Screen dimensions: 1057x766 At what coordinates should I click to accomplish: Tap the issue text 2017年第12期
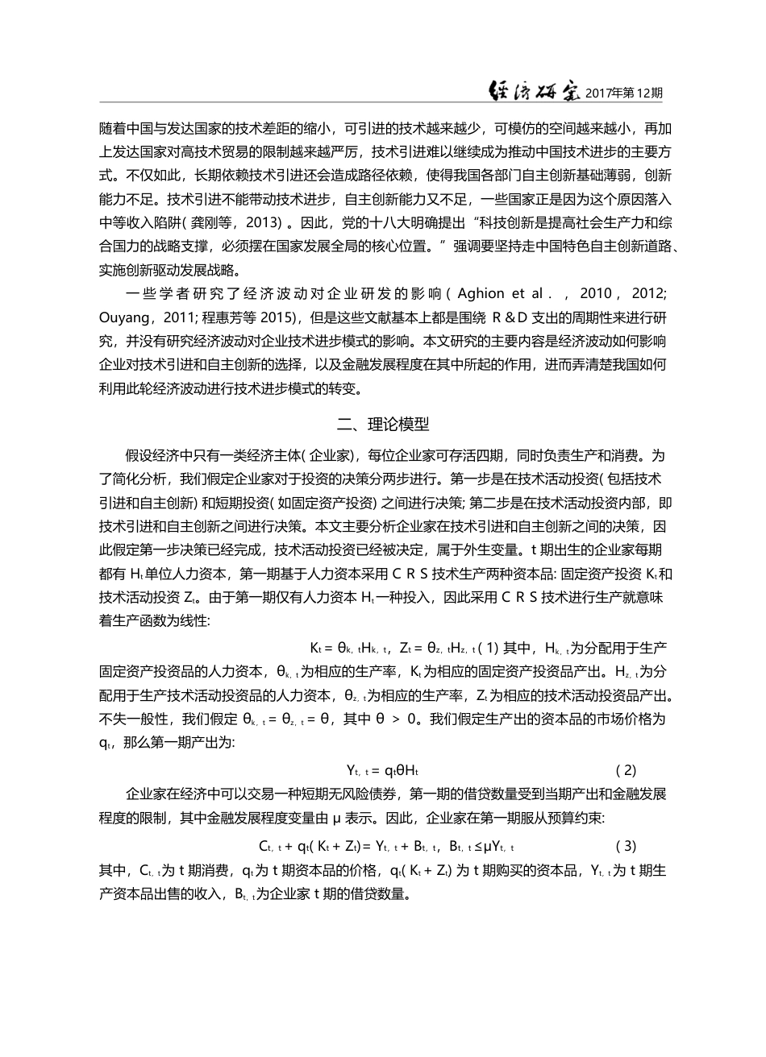(624, 93)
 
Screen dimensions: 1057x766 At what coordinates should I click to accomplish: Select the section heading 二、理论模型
(383, 422)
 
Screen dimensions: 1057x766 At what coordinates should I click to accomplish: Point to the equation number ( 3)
(626, 846)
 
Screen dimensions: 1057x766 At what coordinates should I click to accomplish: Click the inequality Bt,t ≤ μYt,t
(481, 846)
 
